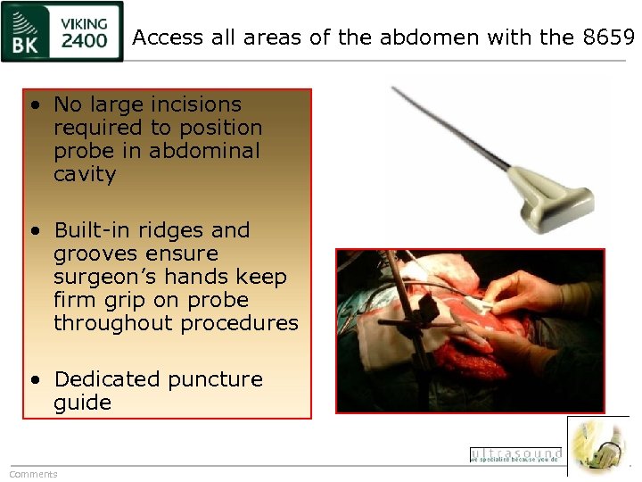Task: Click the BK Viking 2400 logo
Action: pyautogui.click(x=62, y=31)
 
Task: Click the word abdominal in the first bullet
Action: pyautogui.click(x=204, y=151)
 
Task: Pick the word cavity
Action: pyautogui.click(x=85, y=174)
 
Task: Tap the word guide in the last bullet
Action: pyautogui.click(x=82, y=403)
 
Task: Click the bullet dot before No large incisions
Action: pyautogui.click(x=34, y=105)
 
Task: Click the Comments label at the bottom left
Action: pyautogui.click(x=33, y=474)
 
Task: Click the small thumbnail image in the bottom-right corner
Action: pyautogui.click(x=597, y=445)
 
